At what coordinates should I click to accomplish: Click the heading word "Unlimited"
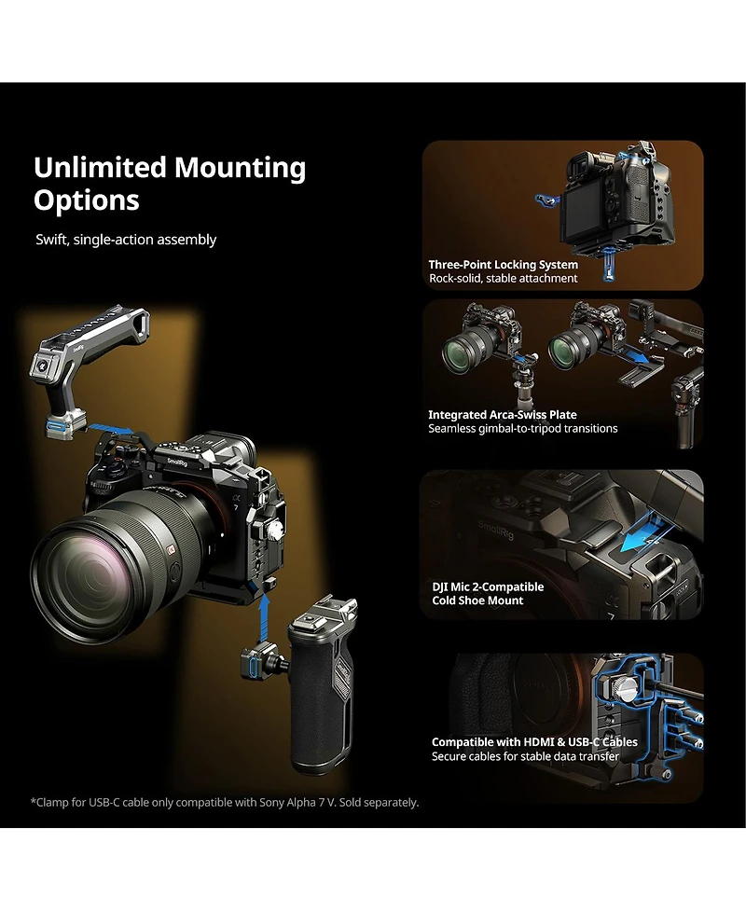[101, 168]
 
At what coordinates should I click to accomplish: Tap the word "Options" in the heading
[86, 200]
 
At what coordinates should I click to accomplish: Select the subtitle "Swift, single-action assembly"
[126, 240]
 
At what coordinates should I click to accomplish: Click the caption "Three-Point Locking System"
[503, 265]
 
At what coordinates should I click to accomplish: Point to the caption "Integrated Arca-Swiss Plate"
[502, 415]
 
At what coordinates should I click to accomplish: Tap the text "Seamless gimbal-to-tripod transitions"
[522, 429]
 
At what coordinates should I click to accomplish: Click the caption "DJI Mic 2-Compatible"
[487, 587]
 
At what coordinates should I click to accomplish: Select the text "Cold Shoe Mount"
[477, 600]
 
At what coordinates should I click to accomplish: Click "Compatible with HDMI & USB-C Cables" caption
[534, 742]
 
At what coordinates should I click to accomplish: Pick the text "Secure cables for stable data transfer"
[525, 756]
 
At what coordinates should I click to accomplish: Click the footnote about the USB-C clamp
[225, 802]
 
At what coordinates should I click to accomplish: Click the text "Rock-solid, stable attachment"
[503, 278]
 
